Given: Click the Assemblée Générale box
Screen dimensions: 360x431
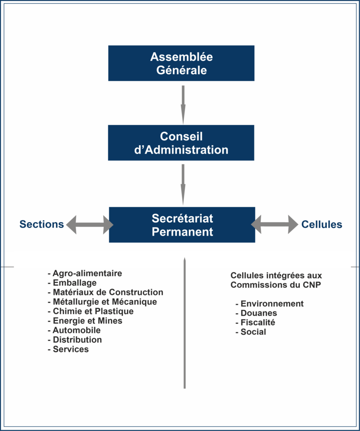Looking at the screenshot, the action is [181, 63].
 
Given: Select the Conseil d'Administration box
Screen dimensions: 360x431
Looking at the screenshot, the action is [181, 143].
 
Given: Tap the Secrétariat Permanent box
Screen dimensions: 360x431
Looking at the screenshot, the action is [182, 225].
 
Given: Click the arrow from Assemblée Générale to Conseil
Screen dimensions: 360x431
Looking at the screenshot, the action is [183, 105].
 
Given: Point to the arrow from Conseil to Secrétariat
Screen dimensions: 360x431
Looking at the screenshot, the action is [183, 185].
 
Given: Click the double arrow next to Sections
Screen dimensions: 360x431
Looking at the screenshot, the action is [90, 225].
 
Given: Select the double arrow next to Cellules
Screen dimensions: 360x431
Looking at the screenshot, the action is [275, 225].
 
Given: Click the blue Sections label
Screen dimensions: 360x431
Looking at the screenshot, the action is [42, 224].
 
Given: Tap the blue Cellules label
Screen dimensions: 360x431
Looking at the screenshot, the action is [322, 224].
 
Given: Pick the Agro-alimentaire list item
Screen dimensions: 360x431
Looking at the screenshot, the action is [85, 274].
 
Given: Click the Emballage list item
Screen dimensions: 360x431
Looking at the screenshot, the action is [72, 283].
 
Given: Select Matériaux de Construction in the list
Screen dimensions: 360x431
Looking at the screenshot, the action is [105, 292].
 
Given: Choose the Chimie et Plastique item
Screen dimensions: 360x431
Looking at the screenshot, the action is [91, 311].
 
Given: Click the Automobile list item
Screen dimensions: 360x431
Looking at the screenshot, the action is [74, 330].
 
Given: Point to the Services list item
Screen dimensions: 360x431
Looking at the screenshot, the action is [68, 349].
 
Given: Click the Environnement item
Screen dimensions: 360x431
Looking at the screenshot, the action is [269, 304].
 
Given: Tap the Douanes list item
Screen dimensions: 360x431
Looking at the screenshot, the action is [256, 313].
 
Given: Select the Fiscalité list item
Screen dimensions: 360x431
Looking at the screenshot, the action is [255, 322].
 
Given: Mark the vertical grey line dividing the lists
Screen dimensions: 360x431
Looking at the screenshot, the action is [184, 323].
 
